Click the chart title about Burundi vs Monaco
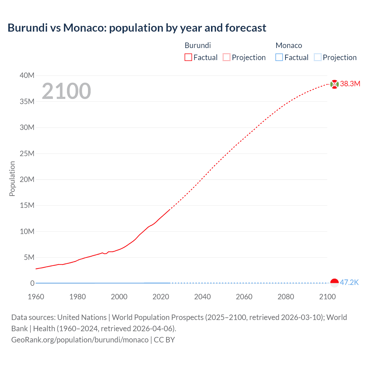point(137,28)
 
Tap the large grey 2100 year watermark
point(66,91)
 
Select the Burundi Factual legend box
point(188,57)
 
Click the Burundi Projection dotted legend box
point(227,57)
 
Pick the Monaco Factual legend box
point(279,57)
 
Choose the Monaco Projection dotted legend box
point(318,57)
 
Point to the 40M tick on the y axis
point(27,76)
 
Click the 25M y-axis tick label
point(27,154)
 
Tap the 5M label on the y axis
point(29,257)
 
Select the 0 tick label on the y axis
point(32,283)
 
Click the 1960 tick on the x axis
point(36,297)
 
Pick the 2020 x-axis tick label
point(161,297)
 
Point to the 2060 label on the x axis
point(244,297)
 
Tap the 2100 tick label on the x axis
point(327,297)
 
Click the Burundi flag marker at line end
point(334,84)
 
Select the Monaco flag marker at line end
point(334,283)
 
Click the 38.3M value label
point(350,84)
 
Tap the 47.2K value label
point(349,282)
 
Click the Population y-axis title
point(12,179)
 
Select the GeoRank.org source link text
point(80,340)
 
